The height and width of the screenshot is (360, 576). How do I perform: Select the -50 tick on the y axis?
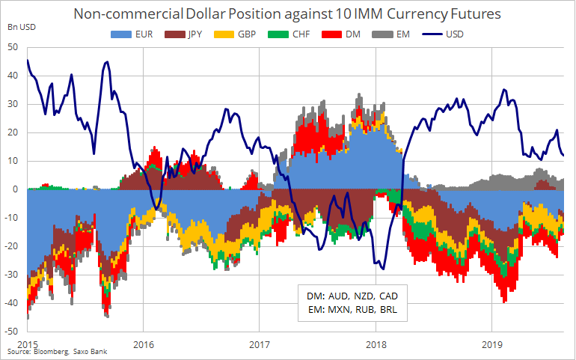pos(11,331)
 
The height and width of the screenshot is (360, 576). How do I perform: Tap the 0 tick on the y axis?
pos(16,189)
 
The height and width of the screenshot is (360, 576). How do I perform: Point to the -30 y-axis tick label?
pos(11,274)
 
